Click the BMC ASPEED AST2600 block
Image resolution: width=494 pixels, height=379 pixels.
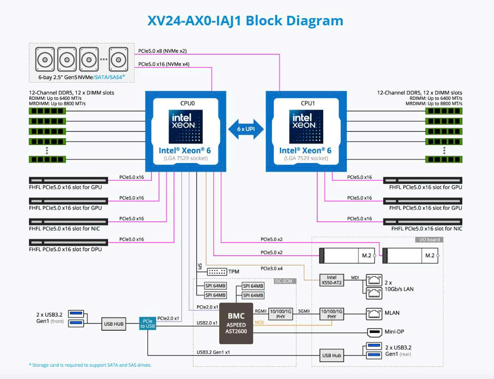pyautogui.click(x=236, y=323)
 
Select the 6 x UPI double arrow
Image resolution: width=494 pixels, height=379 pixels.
pyautogui.click(x=246, y=129)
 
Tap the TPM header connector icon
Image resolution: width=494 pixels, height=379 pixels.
pyautogui.click(x=217, y=271)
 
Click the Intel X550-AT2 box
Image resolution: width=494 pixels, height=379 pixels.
pyautogui.click(x=331, y=280)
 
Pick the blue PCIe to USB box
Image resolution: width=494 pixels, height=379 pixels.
pyautogui.click(x=147, y=323)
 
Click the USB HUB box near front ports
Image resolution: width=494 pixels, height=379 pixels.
pyautogui.click(x=113, y=324)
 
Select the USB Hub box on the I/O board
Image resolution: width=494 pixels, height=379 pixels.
pyautogui.click(x=331, y=356)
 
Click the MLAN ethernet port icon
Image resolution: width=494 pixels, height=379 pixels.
pyautogui.click(x=374, y=313)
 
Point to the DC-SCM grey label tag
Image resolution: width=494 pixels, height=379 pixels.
pyautogui.click(x=283, y=281)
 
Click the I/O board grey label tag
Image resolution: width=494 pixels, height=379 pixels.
pyautogui.click(x=429, y=239)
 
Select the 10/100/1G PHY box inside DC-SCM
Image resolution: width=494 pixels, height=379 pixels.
pyautogui.click(x=281, y=314)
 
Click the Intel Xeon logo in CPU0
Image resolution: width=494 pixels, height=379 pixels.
pyautogui.click(x=186, y=126)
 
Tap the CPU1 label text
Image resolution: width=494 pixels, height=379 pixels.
pyautogui.click(x=308, y=103)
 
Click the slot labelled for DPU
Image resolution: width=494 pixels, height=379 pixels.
pyautogui.click(x=68, y=243)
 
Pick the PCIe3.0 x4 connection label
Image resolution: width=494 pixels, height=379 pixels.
pyautogui.click(x=272, y=268)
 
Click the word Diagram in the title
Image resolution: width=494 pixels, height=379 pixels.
pyautogui.click(x=315, y=21)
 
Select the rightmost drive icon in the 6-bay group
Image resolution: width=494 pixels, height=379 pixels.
pyautogui.click(x=118, y=59)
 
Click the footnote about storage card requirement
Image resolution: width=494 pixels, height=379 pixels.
pyautogui.click(x=90, y=365)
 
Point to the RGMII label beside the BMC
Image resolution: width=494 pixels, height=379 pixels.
pyautogui.click(x=261, y=311)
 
